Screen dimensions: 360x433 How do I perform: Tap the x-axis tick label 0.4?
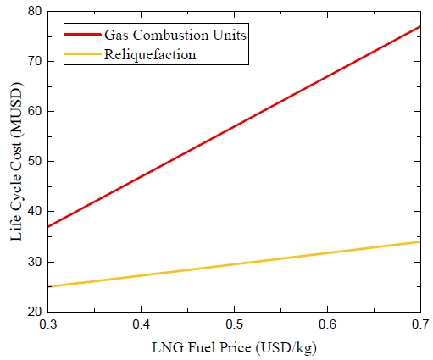click(x=142, y=325)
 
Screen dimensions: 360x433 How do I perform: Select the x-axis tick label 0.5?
click(x=235, y=325)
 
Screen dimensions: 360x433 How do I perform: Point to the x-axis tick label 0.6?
click(x=328, y=325)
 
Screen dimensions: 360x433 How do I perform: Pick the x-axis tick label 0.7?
click(x=419, y=325)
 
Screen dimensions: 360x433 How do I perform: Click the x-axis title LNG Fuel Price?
click(x=235, y=347)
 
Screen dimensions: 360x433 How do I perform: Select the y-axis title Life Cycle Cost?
click(x=15, y=161)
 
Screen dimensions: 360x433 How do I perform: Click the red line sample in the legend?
click(x=82, y=36)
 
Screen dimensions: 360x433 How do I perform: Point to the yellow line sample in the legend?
click(x=82, y=53)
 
